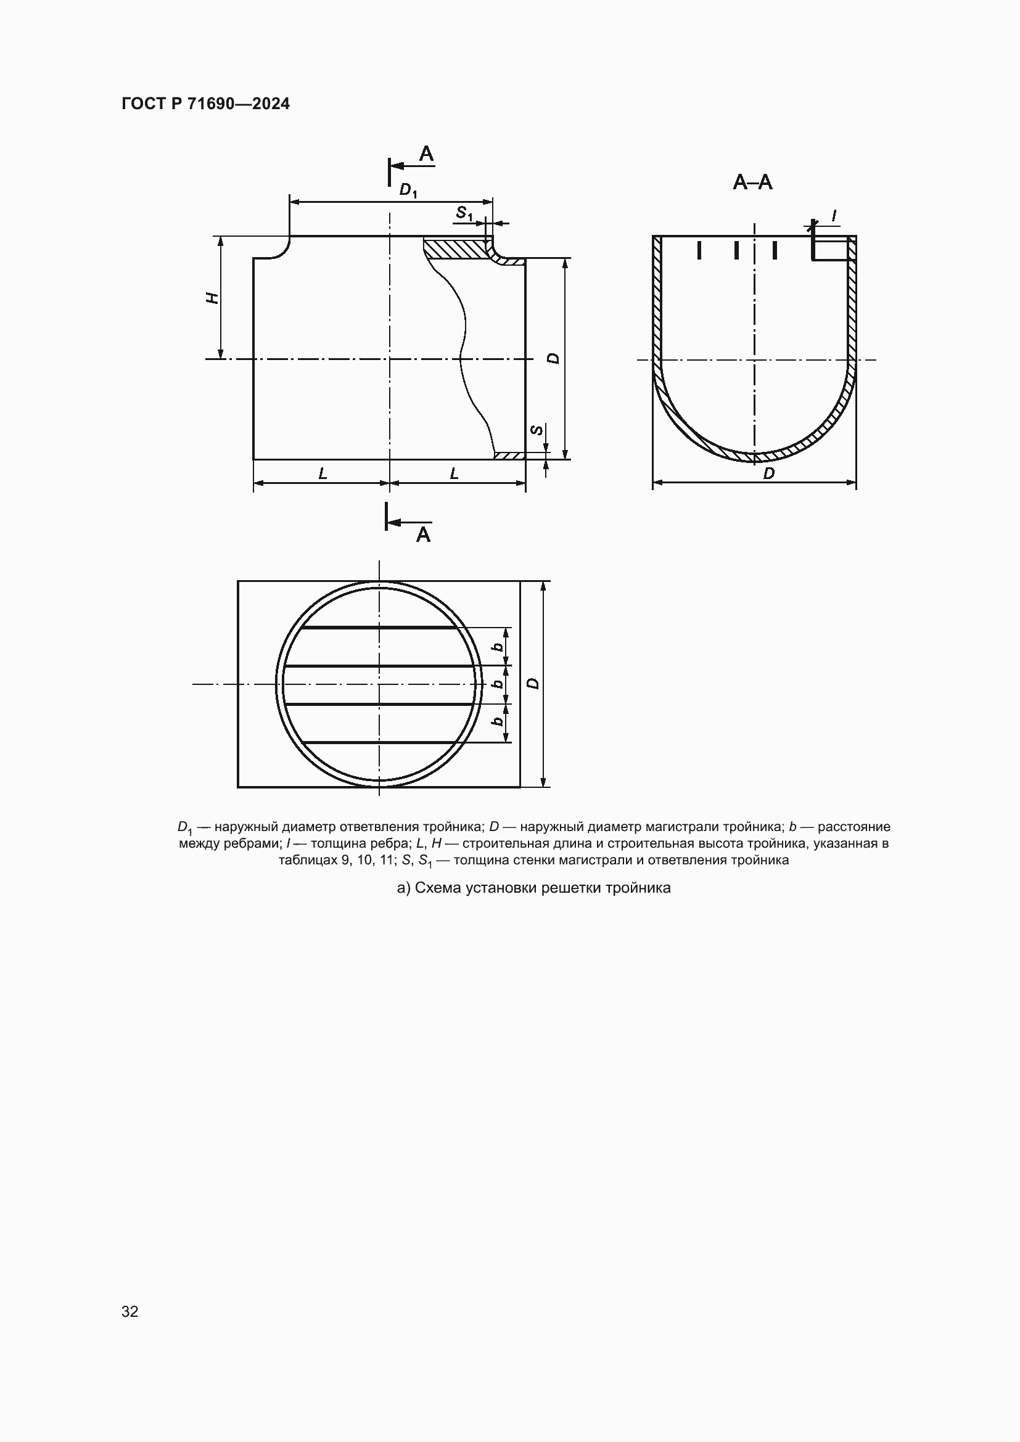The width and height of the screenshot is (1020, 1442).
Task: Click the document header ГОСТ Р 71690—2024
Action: [x=205, y=104]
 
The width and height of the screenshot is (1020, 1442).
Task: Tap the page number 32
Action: [x=130, y=1311]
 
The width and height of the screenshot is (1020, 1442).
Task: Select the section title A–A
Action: [x=752, y=182]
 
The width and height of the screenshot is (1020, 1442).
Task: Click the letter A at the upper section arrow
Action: [x=427, y=154]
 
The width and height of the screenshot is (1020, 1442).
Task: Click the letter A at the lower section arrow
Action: [x=423, y=535]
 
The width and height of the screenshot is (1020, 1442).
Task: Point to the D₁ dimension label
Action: [x=408, y=190]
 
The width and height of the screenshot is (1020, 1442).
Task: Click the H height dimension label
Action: [x=213, y=298]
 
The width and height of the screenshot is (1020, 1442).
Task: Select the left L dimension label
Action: [x=323, y=473]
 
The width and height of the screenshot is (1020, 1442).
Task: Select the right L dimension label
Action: [x=454, y=473]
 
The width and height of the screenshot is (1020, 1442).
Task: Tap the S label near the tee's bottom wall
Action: [x=537, y=430]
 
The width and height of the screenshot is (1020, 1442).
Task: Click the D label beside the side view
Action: [x=553, y=358]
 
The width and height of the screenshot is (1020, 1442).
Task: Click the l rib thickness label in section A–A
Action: [x=834, y=216]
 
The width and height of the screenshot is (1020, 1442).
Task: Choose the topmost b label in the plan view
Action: [x=498, y=646]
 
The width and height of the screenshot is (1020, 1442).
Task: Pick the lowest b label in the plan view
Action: [x=498, y=722]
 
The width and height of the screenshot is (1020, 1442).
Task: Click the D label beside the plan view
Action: [x=533, y=682]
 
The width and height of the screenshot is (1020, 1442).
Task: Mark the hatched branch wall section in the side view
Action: [x=455, y=248]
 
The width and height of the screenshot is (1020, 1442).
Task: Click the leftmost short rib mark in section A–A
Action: [x=699, y=250]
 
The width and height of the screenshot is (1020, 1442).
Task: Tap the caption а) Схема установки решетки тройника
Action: [x=533, y=887]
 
